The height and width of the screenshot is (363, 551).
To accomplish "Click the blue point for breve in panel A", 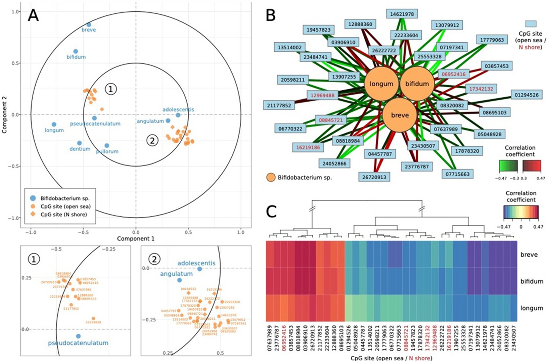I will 89,25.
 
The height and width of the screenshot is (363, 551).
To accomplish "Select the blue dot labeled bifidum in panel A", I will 76,51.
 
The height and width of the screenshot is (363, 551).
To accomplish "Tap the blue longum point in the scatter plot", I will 54,125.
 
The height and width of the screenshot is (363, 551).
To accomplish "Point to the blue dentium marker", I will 79,143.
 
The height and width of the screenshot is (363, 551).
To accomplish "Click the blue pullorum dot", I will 107,146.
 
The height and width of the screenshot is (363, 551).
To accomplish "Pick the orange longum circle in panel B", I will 381,84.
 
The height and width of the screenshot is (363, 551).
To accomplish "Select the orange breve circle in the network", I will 400,115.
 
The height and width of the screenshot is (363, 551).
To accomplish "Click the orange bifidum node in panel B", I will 417,84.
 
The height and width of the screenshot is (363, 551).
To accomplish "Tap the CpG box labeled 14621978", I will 402,14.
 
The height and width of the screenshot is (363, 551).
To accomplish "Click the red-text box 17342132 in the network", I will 481,89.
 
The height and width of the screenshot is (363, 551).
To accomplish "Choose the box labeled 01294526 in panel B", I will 526,95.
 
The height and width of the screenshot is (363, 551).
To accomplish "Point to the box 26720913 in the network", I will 374,177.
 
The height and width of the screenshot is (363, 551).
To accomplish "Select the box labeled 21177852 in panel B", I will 279,105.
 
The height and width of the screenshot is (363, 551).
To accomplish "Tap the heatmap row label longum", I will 531,308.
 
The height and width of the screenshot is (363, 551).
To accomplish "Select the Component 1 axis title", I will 136,239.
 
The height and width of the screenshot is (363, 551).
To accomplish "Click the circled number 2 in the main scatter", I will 152,141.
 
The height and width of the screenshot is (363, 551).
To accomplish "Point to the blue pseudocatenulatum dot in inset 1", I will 78,336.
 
